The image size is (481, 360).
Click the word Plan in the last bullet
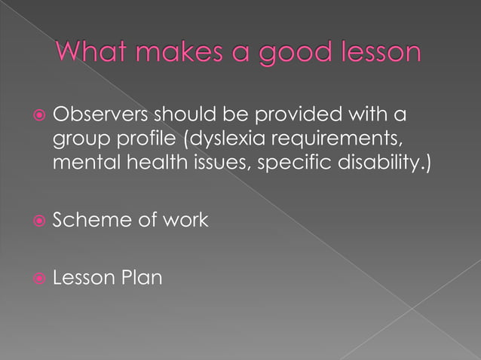click(x=142, y=279)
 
